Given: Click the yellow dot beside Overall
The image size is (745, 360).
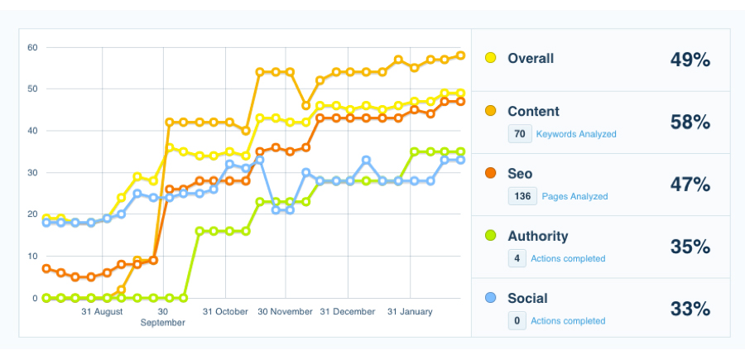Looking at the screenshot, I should (x=491, y=58).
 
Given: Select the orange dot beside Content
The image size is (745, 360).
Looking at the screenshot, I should (x=491, y=111).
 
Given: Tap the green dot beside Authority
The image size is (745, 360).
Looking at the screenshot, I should (x=491, y=236).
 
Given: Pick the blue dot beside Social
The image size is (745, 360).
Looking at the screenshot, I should (x=491, y=298).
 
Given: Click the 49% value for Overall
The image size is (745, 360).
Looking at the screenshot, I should (x=690, y=60).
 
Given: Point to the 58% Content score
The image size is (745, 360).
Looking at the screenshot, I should (x=690, y=122).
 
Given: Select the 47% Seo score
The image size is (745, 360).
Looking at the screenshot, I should (x=690, y=185).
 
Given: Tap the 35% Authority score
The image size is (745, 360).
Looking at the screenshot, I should (x=690, y=247).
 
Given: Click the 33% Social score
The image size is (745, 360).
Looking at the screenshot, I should (x=690, y=310).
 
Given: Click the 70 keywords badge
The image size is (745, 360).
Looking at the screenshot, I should (x=520, y=133).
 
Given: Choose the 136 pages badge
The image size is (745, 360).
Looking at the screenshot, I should (x=521, y=196).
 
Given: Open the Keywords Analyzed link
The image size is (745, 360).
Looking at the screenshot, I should (x=576, y=134).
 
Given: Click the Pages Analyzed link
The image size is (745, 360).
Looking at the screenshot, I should (x=574, y=196).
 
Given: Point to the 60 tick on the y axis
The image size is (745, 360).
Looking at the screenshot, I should (x=33, y=47).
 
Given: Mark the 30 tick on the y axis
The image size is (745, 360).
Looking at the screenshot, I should (x=33, y=172).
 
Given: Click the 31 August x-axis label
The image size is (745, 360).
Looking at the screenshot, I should (x=102, y=312).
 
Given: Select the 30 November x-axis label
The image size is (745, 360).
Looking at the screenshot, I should (x=285, y=312).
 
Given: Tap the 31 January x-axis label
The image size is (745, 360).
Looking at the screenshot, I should (x=410, y=312).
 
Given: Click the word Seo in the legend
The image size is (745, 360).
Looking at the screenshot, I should (x=520, y=174).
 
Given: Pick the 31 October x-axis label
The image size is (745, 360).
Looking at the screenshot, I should (x=225, y=312).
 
